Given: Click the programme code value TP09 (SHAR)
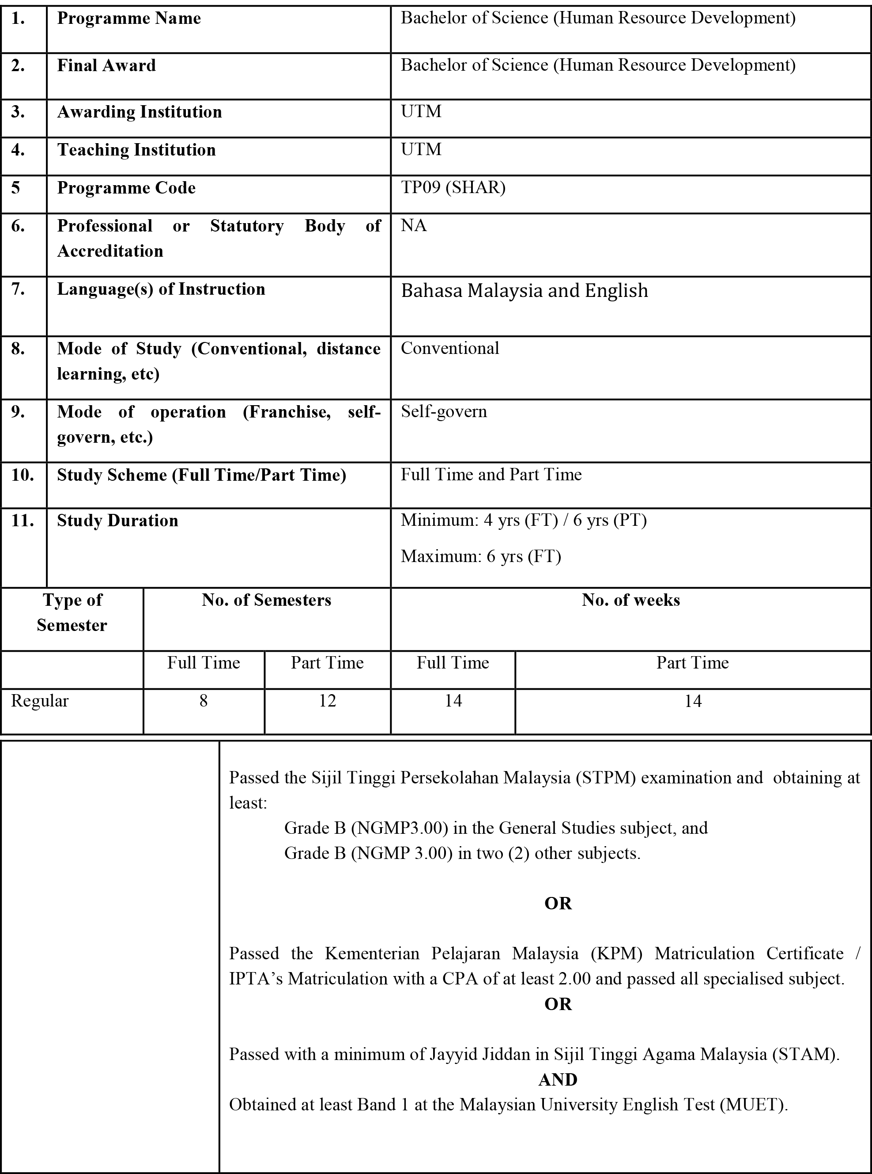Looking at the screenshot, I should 453,187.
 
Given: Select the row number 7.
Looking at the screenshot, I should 18,289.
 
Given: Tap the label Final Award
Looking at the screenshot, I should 106,65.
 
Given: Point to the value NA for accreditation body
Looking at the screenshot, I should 413,225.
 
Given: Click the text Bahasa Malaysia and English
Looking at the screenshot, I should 524,290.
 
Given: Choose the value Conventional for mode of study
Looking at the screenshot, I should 450,348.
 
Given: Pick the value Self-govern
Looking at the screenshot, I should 443,411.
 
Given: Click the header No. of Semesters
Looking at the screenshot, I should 266,600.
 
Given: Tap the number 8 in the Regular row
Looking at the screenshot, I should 203,701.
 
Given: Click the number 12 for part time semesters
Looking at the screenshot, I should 327,701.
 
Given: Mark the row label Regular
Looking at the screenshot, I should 40,701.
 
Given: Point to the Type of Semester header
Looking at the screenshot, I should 72,612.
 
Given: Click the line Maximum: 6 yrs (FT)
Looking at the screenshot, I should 480,556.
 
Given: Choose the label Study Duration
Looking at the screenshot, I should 117,521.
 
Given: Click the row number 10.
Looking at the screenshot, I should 22,475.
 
